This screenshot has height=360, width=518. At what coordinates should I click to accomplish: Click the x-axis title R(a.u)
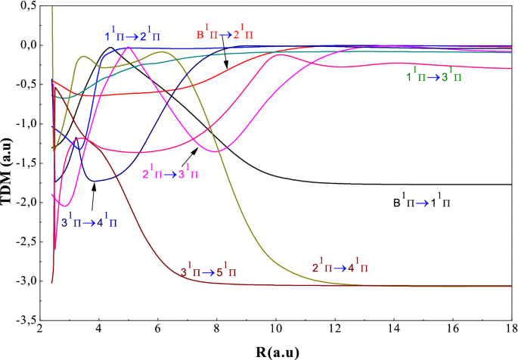(280, 351)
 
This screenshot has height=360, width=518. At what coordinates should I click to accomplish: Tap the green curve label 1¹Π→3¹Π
(436, 76)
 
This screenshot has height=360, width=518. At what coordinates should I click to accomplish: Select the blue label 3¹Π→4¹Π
(89, 223)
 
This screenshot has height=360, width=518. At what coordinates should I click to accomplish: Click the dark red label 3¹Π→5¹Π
(208, 271)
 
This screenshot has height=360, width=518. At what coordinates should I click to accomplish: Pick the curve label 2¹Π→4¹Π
(340, 268)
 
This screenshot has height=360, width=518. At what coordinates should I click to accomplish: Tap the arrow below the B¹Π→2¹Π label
(225, 56)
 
